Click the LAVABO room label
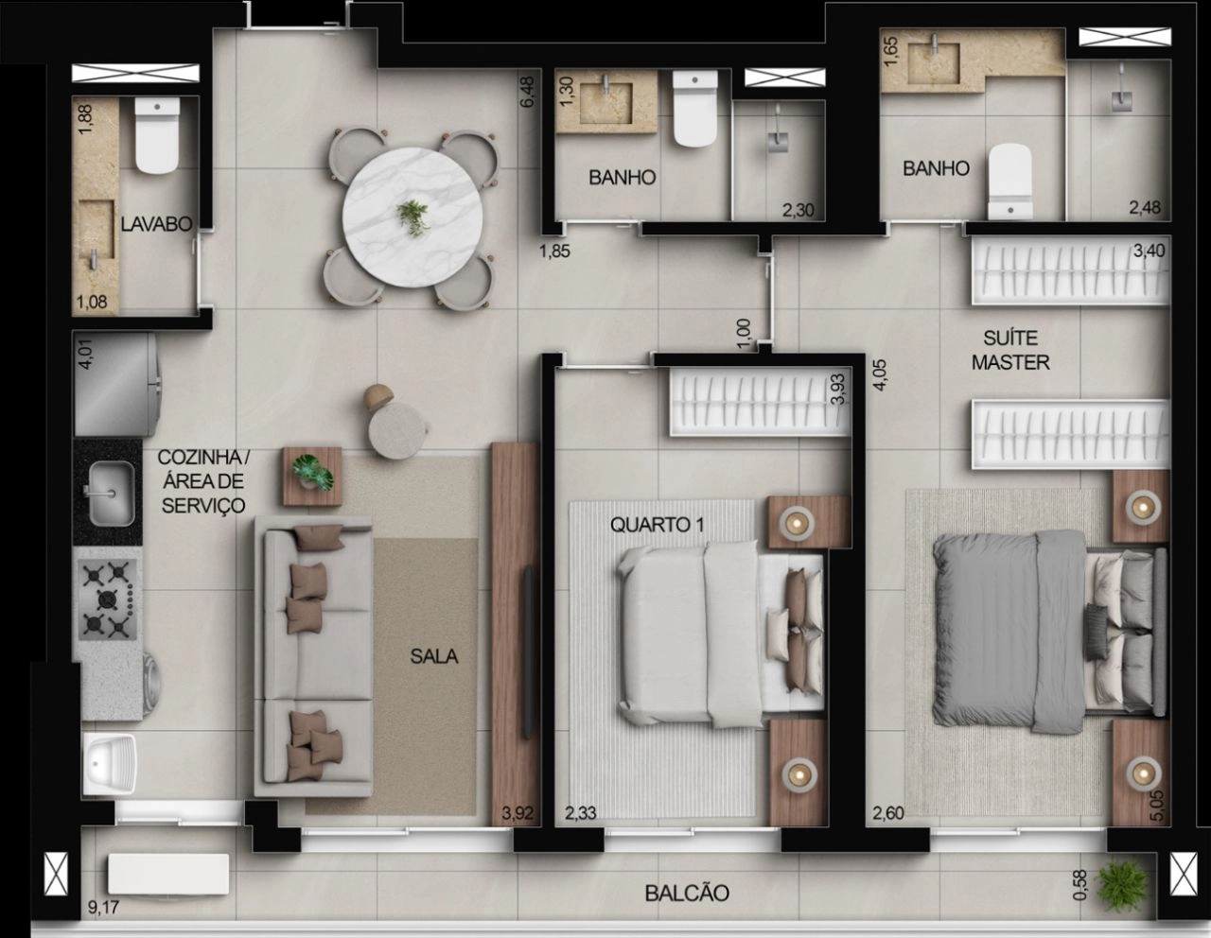click(157, 224)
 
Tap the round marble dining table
click(412, 217)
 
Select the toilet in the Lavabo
click(157, 135)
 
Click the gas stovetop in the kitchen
click(108, 599)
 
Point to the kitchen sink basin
click(112, 494)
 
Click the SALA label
click(434, 657)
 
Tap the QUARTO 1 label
click(657, 525)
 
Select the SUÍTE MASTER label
click(1010, 351)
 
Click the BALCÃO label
click(687, 894)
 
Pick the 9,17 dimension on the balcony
click(104, 908)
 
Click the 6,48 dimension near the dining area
click(527, 92)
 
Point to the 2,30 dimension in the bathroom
click(799, 211)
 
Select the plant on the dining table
click(413, 217)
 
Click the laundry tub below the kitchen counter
click(110, 763)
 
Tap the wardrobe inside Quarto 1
click(761, 402)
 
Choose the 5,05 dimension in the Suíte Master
click(1157, 806)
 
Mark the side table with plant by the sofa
click(312, 477)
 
